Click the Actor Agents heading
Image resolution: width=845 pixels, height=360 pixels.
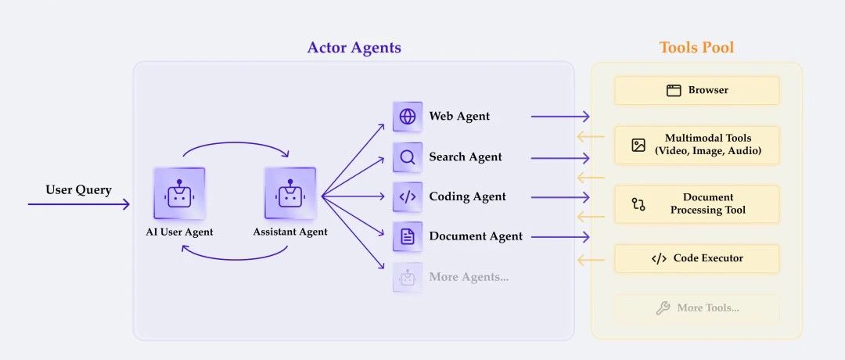click(354, 48)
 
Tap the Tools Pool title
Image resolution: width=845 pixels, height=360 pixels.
click(696, 48)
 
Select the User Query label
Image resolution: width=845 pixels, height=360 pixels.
click(78, 189)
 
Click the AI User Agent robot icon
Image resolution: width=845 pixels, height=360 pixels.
click(179, 193)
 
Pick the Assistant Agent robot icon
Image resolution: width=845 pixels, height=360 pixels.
click(290, 193)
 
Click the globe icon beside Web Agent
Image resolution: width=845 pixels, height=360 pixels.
click(408, 117)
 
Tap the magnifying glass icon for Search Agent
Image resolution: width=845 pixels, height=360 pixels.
click(408, 157)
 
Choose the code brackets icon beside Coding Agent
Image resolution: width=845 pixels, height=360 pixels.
click(408, 197)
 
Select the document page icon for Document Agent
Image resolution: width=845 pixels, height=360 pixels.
click(408, 236)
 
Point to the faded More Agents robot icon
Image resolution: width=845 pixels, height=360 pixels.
click(408, 277)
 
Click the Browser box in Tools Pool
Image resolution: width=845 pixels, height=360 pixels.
click(696, 90)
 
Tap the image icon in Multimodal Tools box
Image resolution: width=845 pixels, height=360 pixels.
click(638, 145)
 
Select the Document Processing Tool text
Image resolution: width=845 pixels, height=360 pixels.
click(708, 203)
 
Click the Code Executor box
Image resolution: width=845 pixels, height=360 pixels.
click(696, 258)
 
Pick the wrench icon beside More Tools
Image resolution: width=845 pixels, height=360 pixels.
click(663, 308)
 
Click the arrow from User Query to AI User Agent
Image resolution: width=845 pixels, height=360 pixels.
click(78, 205)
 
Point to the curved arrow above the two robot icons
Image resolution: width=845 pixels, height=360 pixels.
click(235, 145)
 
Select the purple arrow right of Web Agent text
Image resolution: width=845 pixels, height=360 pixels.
click(559, 117)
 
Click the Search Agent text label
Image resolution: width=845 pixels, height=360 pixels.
click(466, 157)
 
